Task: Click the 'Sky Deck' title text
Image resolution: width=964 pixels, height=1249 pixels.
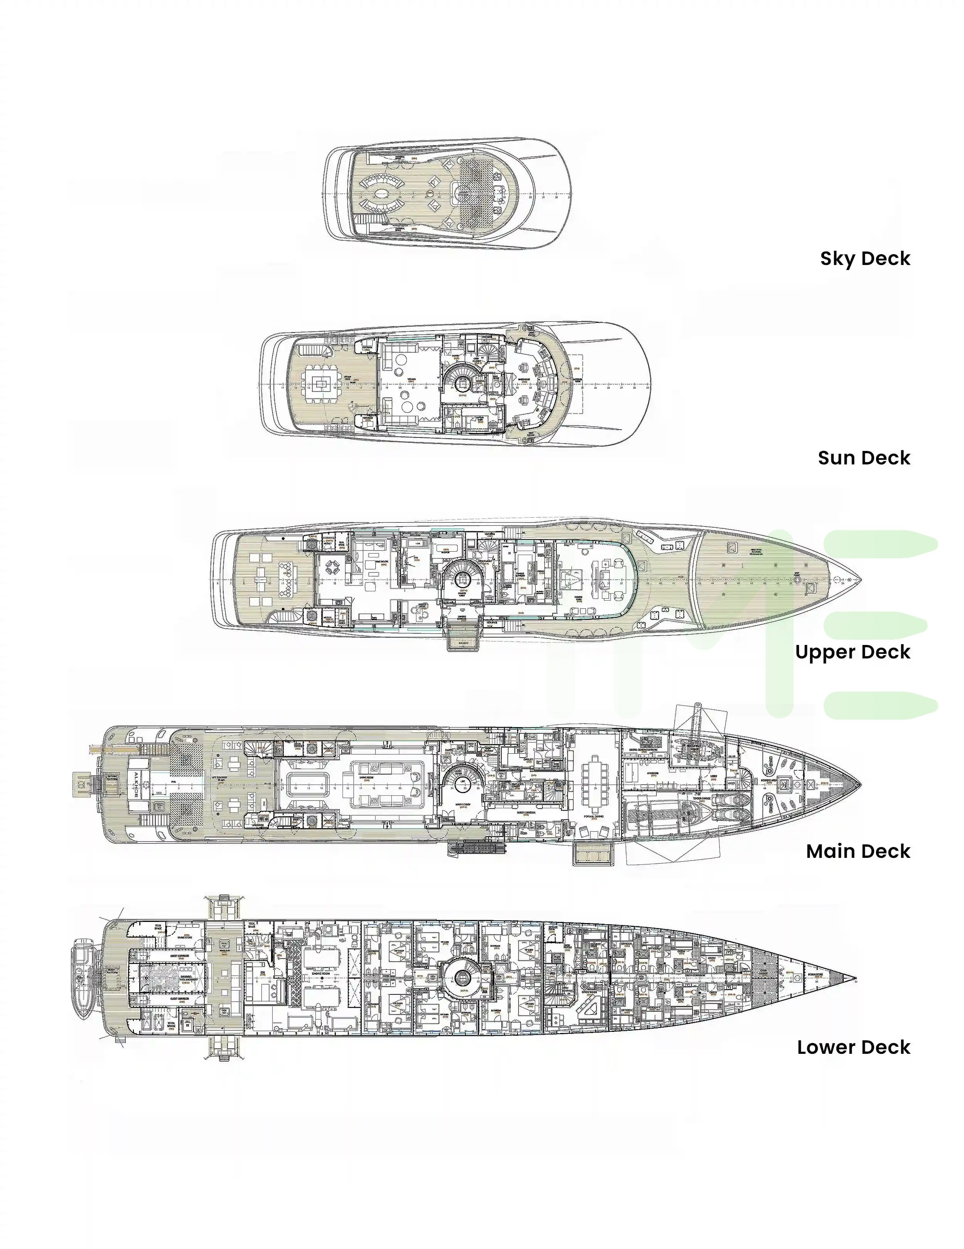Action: coord(865,258)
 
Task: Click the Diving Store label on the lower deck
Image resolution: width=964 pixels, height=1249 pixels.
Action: coord(184,937)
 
